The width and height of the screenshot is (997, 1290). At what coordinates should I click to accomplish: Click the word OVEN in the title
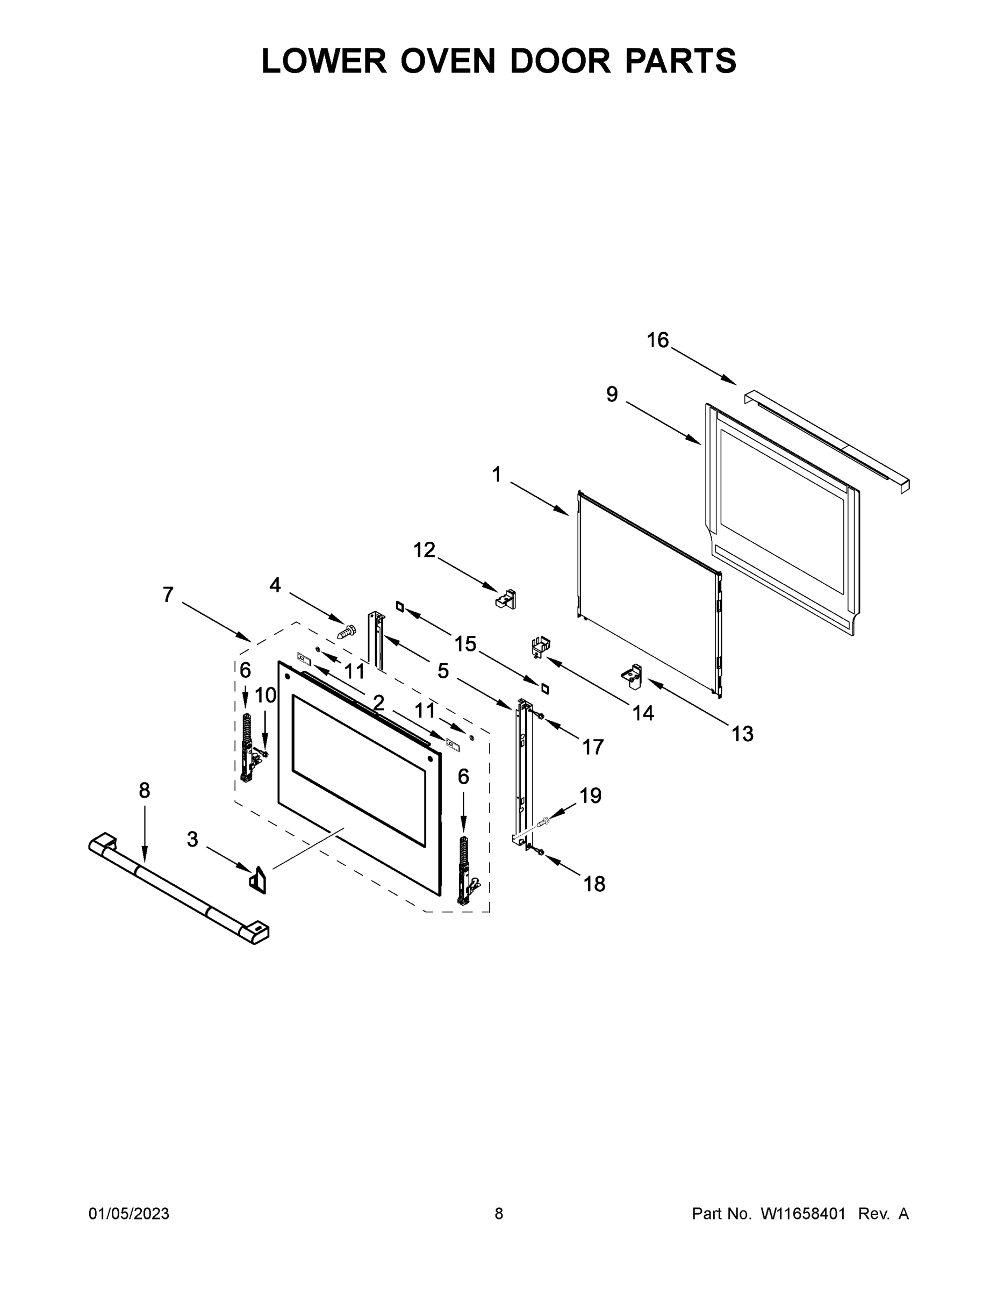(x=448, y=61)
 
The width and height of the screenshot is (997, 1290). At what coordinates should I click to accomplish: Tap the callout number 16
(x=657, y=340)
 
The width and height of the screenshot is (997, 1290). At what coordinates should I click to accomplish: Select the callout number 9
(x=612, y=395)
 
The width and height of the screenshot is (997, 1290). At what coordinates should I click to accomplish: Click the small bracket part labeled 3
(x=257, y=880)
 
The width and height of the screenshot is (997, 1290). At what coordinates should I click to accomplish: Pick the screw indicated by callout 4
(x=347, y=632)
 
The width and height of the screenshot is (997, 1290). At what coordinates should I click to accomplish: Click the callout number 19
(x=590, y=795)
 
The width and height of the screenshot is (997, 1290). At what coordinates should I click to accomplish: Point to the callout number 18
(x=594, y=884)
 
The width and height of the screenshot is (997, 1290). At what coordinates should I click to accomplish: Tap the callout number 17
(x=593, y=747)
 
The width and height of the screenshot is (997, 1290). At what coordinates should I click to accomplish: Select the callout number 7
(x=168, y=595)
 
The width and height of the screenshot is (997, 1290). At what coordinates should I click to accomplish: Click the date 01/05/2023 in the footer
(x=129, y=1213)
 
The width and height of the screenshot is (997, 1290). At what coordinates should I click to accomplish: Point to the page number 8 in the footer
(x=499, y=1213)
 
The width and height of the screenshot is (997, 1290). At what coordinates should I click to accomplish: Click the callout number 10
(x=265, y=695)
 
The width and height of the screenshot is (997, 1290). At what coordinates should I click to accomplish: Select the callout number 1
(x=496, y=474)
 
